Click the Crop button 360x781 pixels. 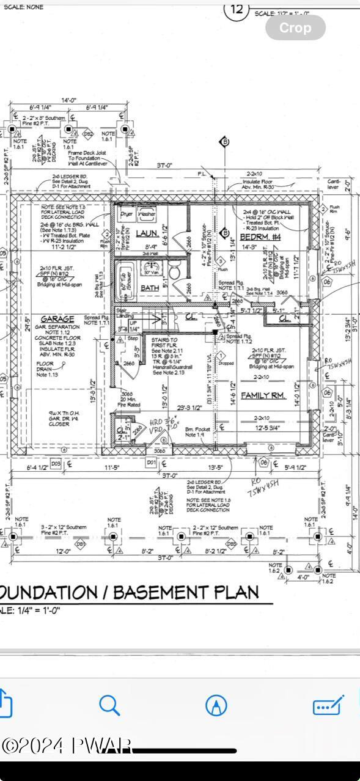(x=295, y=28)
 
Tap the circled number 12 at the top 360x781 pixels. (x=238, y=9)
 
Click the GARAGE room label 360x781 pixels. (x=57, y=318)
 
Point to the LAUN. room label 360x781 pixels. (x=147, y=233)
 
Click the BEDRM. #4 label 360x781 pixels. (x=256, y=235)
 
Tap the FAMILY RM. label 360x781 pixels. (x=263, y=395)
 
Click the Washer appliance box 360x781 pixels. (x=147, y=215)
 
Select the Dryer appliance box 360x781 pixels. (x=127, y=215)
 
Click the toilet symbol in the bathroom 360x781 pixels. (x=174, y=271)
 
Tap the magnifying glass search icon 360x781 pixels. (x=109, y=705)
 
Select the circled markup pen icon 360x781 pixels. (x=216, y=705)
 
